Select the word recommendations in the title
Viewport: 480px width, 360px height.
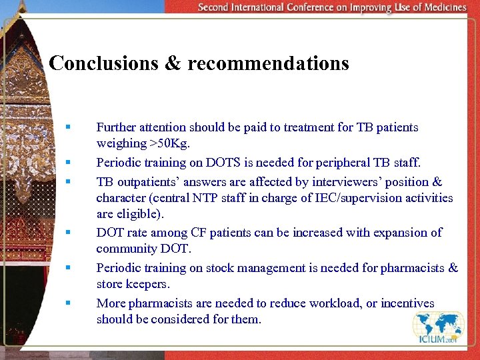point(268,63)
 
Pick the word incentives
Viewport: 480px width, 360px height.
point(407,303)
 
